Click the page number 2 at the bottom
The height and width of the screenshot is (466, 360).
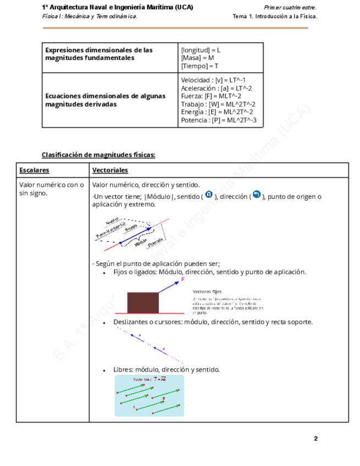pos(315,439)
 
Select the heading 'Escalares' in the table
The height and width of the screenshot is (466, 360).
pos(34,170)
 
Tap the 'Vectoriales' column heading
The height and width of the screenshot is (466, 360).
pos(110,170)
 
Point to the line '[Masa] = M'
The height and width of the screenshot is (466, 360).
pos(197,58)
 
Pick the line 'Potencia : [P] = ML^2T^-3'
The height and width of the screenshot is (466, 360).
pos(219,120)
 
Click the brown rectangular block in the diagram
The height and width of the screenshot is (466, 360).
pos(143,303)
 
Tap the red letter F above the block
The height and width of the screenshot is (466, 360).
pos(183,279)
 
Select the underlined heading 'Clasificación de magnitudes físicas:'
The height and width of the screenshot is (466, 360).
pos(98,155)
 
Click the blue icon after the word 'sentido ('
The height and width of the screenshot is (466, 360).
pos(209,195)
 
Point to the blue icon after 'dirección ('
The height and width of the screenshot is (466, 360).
pos(256,195)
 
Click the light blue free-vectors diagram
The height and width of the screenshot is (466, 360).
pos(149,395)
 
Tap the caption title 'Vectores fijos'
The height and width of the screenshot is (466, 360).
pos(207,291)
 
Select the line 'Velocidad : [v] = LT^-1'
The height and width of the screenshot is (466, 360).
pos(213,80)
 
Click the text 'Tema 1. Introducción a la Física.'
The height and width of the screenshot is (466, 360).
pos(275,16)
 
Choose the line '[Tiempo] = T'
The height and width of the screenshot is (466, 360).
pos(200,66)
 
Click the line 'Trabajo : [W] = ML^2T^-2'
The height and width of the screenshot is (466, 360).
pos(218,104)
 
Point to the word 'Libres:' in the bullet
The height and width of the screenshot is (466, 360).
pos(123,369)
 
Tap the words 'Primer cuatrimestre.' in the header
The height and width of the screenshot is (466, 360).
pos(290,8)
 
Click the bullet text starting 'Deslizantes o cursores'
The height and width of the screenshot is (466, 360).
pos(213,322)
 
